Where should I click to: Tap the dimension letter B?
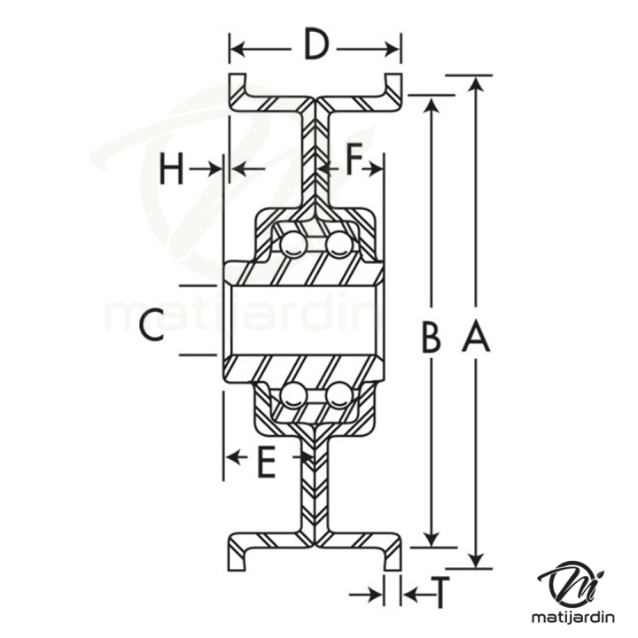click(431, 337)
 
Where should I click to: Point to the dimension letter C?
click(152, 325)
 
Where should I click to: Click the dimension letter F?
click(354, 162)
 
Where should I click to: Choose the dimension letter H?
click(172, 168)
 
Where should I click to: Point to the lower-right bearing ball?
click(337, 396)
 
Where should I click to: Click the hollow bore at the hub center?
click(301, 321)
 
